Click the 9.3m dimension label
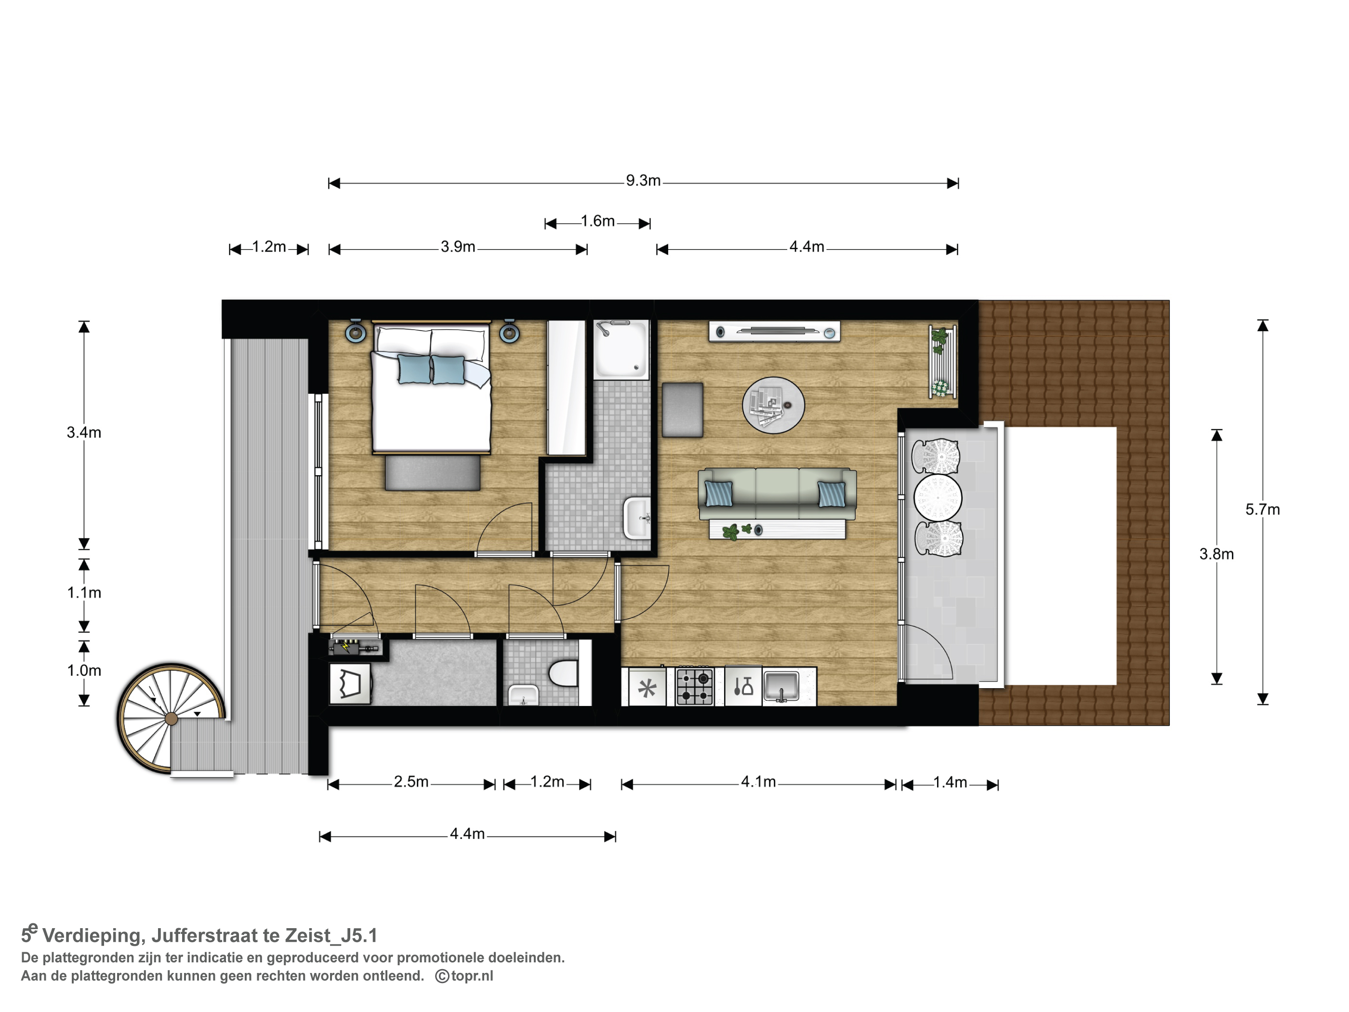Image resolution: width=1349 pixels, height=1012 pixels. (643, 181)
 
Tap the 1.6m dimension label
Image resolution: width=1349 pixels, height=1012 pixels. (598, 221)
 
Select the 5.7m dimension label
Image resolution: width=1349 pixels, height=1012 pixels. (1262, 509)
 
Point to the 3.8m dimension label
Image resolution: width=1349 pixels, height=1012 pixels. (1217, 554)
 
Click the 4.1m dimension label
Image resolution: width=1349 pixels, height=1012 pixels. (758, 782)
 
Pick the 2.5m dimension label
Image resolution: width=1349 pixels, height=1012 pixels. (411, 782)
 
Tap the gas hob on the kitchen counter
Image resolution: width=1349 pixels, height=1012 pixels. (695, 687)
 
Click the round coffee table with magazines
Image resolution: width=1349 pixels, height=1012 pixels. (773, 405)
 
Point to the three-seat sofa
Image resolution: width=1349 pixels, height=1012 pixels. (777, 494)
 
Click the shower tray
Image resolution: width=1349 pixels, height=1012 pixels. (621, 349)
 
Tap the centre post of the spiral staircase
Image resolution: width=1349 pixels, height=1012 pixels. (172, 719)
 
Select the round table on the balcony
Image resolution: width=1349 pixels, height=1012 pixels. (938, 498)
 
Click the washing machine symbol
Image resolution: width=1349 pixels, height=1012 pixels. (350, 684)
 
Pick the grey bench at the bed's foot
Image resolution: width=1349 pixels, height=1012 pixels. (432, 473)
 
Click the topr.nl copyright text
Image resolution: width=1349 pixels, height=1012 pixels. (464, 976)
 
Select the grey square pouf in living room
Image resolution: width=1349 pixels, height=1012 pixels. (682, 410)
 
